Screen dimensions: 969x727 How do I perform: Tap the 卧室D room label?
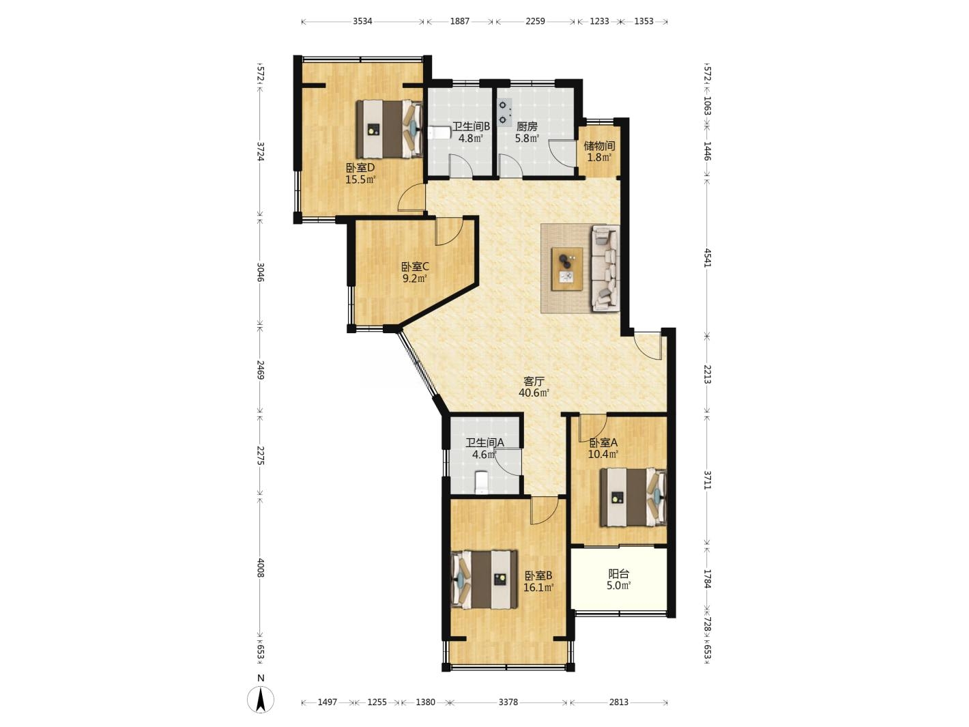pyautogui.click(x=360, y=168)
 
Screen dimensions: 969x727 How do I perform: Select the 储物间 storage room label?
pyautogui.click(x=599, y=145)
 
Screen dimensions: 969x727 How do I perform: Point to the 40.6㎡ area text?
pyautogui.click(x=534, y=393)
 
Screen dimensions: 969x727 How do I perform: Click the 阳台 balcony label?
pyautogui.click(x=618, y=574)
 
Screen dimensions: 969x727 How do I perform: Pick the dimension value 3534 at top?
pyautogui.click(x=362, y=21)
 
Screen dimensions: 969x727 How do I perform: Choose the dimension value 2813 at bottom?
pyautogui.click(x=618, y=702)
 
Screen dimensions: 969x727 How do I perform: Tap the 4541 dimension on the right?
pyautogui.click(x=708, y=257)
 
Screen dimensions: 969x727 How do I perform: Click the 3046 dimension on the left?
pyautogui.click(x=261, y=272)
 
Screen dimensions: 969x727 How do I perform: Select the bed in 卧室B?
pyautogui.click(x=484, y=580)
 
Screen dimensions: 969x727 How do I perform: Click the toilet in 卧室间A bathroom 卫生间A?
pyautogui.click(x=480, y=483)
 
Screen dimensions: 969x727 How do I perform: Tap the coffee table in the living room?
pyautogui.click(x=567, y=269)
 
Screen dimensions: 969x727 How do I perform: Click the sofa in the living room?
pyautogui.click(x=605, y=268)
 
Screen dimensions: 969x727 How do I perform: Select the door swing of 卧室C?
pyautogui.click(x=448, y=231)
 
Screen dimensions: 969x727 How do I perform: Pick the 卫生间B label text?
pyautogui.click(x=471, y=126)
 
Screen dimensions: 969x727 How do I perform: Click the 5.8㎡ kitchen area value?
pyautogui.click(x=527, y=138)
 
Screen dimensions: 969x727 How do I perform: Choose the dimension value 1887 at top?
pyautogui.click(x=459, y=21)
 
